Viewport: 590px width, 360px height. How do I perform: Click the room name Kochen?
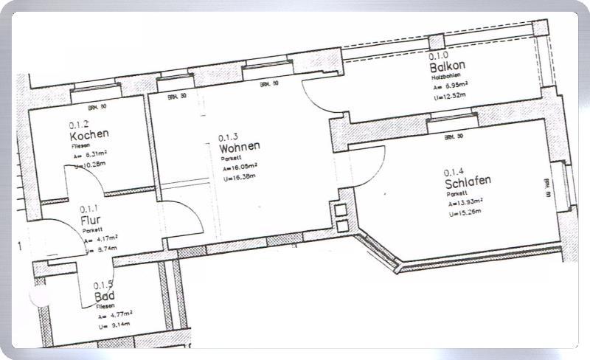[x=89, y=135]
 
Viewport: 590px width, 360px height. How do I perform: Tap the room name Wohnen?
[x=240, y=147]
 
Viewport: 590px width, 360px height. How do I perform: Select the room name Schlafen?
[x=468, y=181]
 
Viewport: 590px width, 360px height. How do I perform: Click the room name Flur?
[x=91, y=220]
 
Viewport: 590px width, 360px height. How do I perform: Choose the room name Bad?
[x=105, y=297]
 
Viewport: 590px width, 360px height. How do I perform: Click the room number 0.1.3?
[x=229, y=136]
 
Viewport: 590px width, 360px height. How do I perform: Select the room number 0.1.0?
[x=438, y=55]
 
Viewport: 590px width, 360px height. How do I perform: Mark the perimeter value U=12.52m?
[x=451, y=95]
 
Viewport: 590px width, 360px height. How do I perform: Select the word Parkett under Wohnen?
[x=229, y=157]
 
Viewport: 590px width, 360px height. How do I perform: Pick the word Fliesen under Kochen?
[x=79, y=146]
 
